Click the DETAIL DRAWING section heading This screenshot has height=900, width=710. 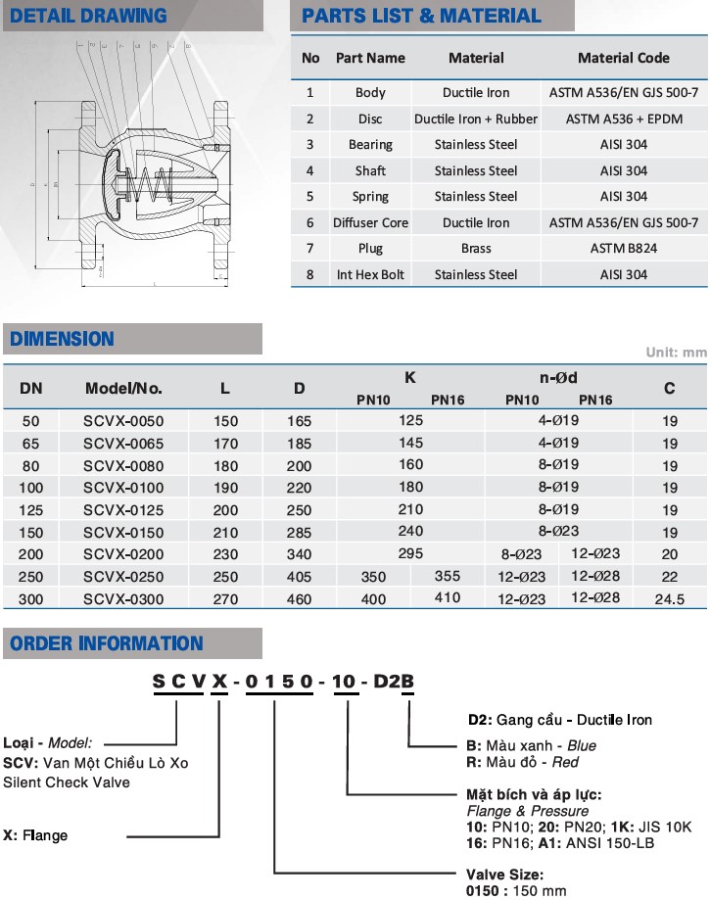[88, 16]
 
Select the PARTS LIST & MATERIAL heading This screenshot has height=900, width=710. [421, 16]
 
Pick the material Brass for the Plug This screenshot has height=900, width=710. [476, 249]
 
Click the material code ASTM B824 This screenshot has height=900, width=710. [624, 249]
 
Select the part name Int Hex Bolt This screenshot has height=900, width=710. [370, 275]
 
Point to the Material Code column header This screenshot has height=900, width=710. [624, 58]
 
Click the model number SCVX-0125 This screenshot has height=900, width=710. [123, 510]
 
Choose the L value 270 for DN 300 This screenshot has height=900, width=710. [225, 599]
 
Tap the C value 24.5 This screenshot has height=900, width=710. [669, 599]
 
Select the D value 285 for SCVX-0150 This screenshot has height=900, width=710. [300, 533]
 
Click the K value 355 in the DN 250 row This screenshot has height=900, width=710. [447, 577]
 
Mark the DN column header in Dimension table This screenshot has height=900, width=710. [31, 388]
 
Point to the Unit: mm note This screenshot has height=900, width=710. [676, 353]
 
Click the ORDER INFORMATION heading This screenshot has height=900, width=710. [107, 643]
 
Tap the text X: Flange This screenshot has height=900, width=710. [36, 835]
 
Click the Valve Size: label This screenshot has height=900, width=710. [505, 874]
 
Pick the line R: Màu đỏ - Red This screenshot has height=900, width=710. [523, 762]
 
